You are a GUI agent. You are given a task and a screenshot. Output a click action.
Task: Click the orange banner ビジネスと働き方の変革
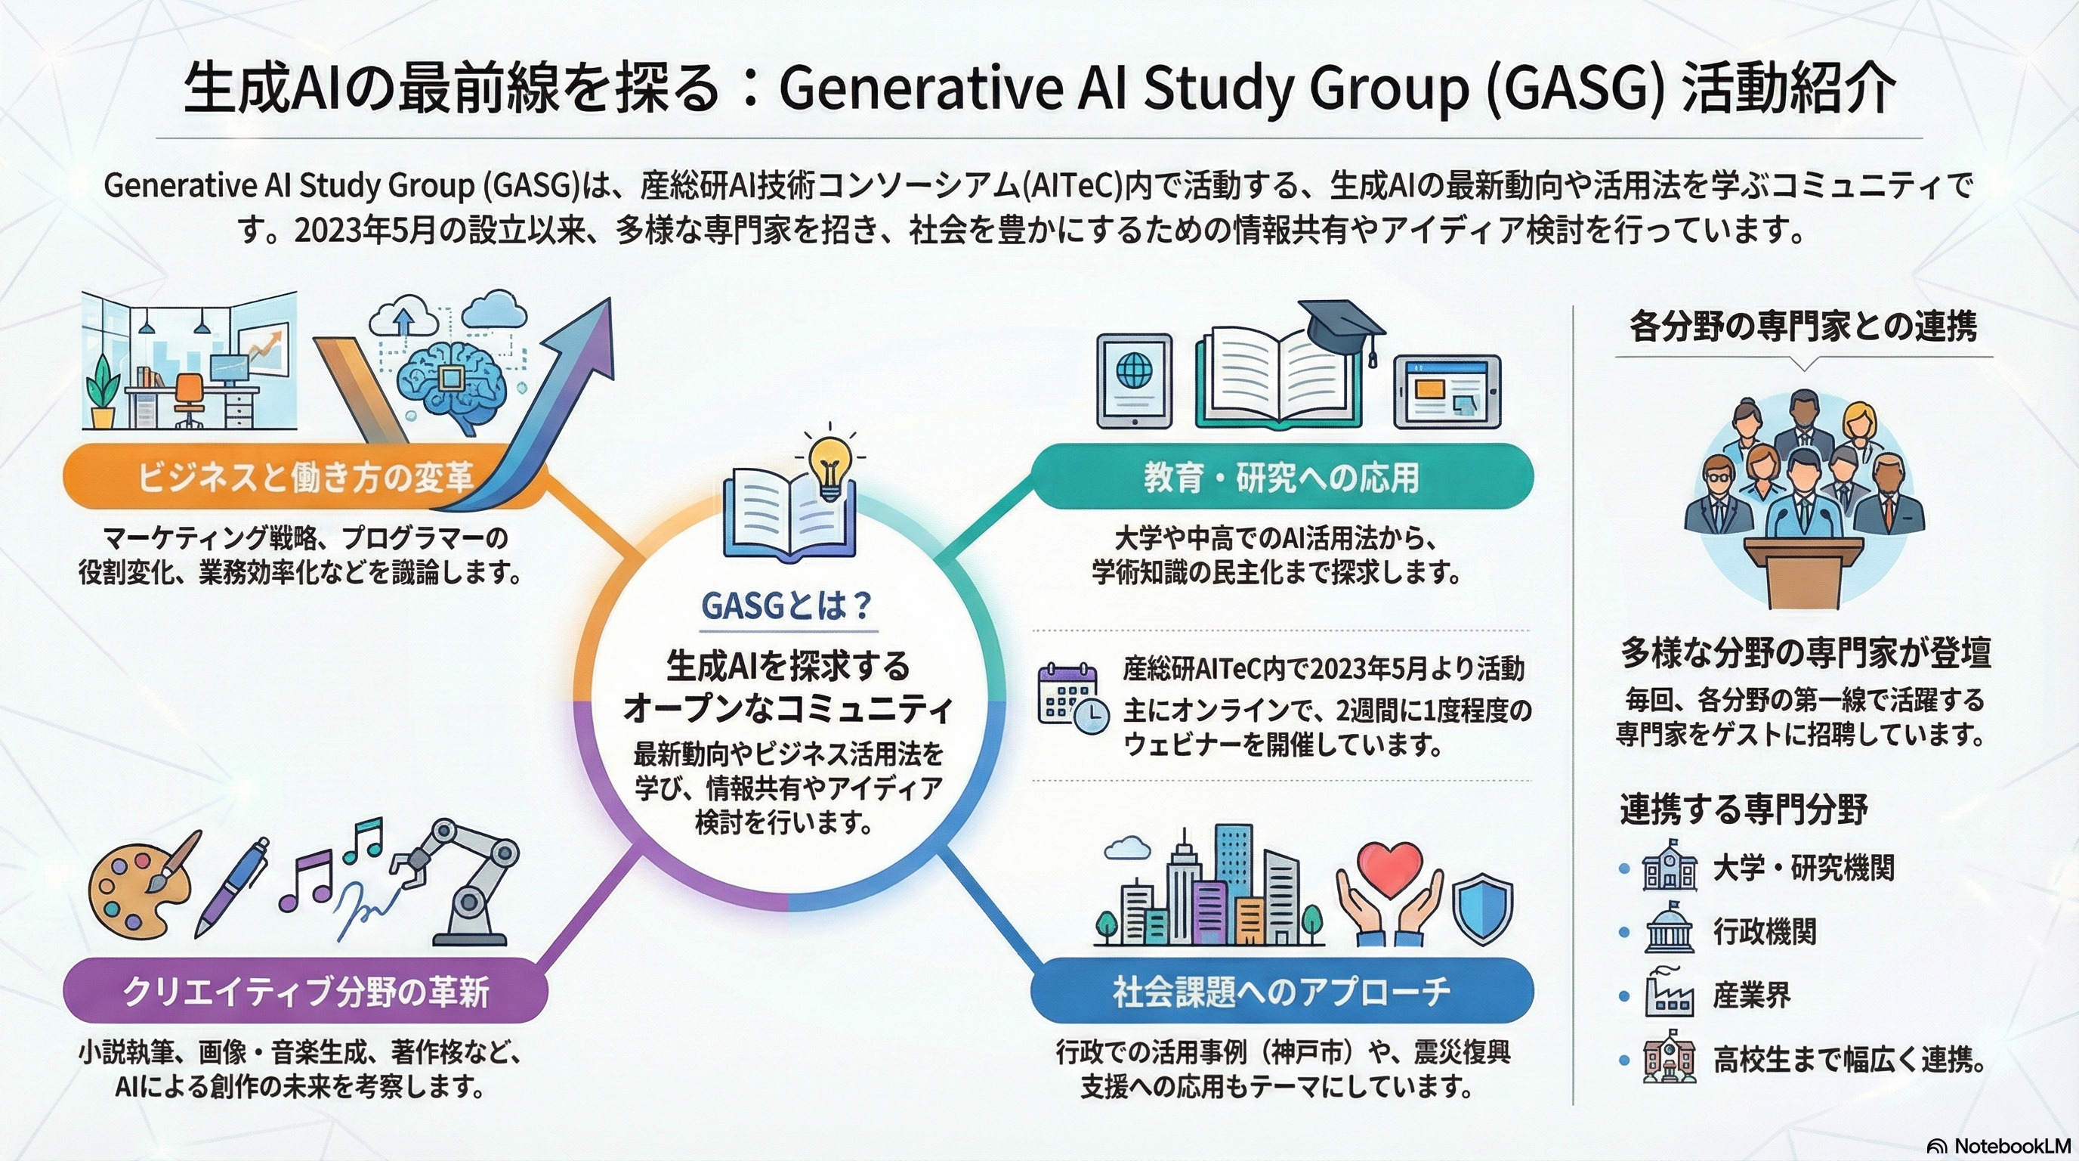tap(298, 477)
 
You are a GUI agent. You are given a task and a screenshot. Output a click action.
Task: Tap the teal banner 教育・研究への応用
tap(1281, 477)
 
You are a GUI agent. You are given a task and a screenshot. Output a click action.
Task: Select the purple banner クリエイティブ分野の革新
tap(305, 992)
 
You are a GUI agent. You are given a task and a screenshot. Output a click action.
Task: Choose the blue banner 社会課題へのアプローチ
tap(1281, 992)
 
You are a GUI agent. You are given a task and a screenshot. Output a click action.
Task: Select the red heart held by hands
tap(1389, 868)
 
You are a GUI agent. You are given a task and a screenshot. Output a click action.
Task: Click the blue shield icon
tap(1481, 908)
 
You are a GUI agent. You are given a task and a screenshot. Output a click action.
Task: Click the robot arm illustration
tap(468, 880)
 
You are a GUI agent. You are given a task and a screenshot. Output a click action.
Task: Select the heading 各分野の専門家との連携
tap(1803, 327)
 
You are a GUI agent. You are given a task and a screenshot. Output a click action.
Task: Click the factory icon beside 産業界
tap(1667, 994)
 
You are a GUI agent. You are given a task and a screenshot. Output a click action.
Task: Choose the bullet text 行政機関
tap(1764, 932)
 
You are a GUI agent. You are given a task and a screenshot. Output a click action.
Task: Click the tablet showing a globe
tap(1134, 379)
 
